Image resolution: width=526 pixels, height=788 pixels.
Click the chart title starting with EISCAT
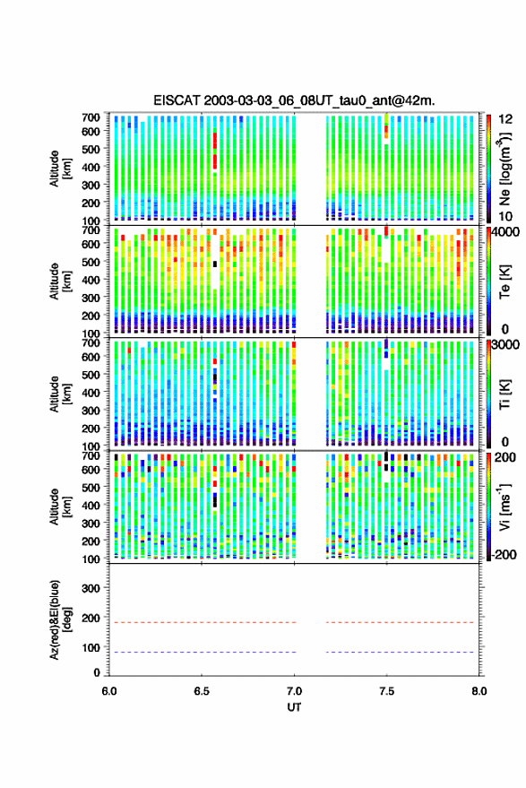pos(294,100)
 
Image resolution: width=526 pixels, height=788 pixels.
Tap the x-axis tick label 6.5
pos(202,691)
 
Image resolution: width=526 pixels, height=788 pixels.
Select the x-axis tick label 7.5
pos(386,691)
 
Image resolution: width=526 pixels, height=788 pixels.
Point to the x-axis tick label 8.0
pos(479,691)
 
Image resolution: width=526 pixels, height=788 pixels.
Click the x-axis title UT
pos(294,707)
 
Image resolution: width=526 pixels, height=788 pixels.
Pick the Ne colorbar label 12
pos(505,119)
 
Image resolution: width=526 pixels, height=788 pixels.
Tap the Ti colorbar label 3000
pos(505,344)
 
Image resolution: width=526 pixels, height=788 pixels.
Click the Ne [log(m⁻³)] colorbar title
pos(505,169)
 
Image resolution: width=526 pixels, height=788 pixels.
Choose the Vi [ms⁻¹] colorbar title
pos(504,507)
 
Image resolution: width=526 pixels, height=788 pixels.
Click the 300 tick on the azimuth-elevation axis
pos(91,588)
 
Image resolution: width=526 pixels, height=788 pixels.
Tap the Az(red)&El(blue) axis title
pos(61,620)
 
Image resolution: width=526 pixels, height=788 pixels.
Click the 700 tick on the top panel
pos(91,117)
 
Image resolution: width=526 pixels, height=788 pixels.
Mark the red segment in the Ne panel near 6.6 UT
pos(215,151)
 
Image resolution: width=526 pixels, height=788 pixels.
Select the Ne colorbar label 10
pos(505,216)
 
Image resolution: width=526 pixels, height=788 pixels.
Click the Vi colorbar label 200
pos(505,457)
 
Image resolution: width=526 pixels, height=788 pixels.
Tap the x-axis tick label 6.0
pos(109,691)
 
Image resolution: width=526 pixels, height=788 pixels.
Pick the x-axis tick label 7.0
pos(294,691)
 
